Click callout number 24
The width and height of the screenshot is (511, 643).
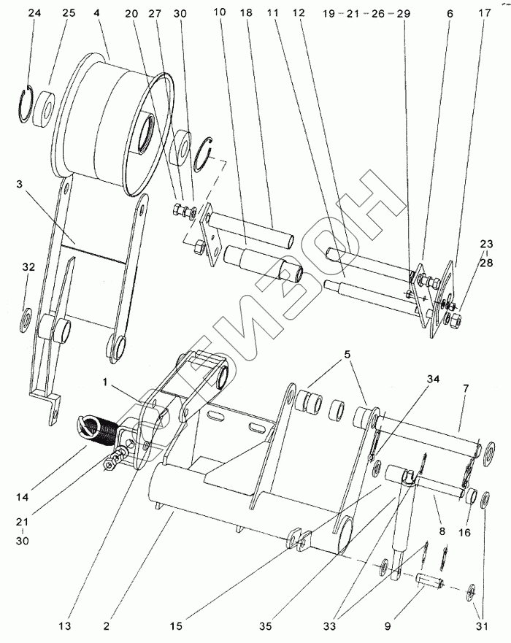pyautogui.click(x=34, y=12)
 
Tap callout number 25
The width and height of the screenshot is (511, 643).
pyautogui.click(x=69, y=12)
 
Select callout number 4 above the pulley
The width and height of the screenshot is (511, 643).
pyautogui.click(x=96, y=12)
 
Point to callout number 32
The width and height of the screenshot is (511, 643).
pyautogui.click(x=28, y=267)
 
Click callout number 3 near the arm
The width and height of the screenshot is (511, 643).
pyautogui.click(x=19, y=184)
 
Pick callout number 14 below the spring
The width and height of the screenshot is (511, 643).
pyautogui.click(x=23, y=497)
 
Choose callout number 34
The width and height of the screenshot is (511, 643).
pyautogui.click(x=433, y=379)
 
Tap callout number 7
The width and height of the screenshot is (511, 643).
pyautogui.click(x=466, y=388)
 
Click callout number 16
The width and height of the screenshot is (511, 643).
pyautogui.click(x=465, y=533)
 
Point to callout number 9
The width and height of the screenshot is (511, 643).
pyautogui.click(x=388, y=626)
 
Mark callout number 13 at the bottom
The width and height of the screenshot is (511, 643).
pyautogui.click(x=64, y=626)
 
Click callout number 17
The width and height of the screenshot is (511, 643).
pyautogui.click(x=484, y=12)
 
